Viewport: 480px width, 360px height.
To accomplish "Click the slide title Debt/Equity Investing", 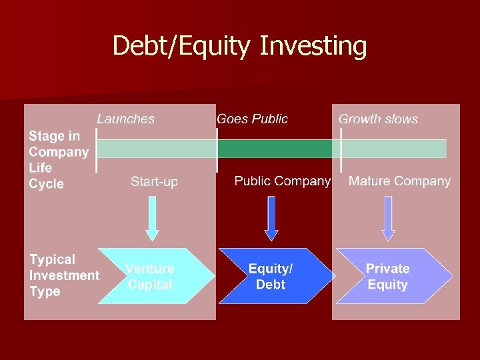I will click(x=239, y=46).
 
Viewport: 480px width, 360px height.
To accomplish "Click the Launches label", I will click(x=125, y=119).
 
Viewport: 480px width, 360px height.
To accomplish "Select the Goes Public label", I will click(x=252, y=119).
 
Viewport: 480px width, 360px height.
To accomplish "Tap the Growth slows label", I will click(x=378, y=119).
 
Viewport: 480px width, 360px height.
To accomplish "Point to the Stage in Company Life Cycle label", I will click(x=59, y=160).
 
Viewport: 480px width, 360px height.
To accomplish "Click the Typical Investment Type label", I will click(x=63, y=275).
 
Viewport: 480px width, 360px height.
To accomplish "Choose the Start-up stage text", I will click(x=154, y=181).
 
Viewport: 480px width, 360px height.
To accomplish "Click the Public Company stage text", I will click(x=282, y=181).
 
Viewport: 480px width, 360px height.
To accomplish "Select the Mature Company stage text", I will click(x=399, y=181).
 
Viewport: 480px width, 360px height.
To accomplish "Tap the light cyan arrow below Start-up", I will click(x=153, y=217).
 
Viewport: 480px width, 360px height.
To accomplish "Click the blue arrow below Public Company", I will click(x=271, y=217).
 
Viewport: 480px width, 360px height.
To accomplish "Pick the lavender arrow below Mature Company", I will click(x=388, y=217).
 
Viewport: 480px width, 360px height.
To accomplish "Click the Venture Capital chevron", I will click(x=156, y=277).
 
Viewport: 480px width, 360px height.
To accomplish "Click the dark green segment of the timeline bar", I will click(x=275, y=149).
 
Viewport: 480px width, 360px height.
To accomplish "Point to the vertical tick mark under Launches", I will click(x=97, y=150).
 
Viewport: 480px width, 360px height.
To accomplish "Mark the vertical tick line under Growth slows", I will click(x=341, y=150).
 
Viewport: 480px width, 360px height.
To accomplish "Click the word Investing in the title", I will click(x=313, y=46).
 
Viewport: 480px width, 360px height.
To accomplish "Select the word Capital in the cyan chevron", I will click(x=150, y=285).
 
